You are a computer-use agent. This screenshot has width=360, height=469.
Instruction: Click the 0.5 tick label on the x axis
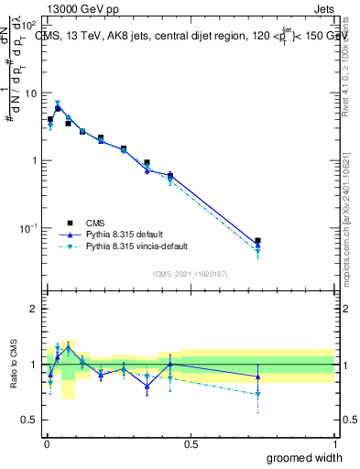click(190, 443)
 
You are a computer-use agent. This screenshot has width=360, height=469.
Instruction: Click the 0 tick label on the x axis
click(46, 443)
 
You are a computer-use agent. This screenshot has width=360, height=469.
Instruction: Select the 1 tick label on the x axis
click(333, 443)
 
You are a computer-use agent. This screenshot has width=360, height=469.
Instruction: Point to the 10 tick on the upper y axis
click(31, 93)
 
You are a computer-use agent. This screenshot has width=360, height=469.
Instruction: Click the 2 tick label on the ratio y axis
click(34, 309)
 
